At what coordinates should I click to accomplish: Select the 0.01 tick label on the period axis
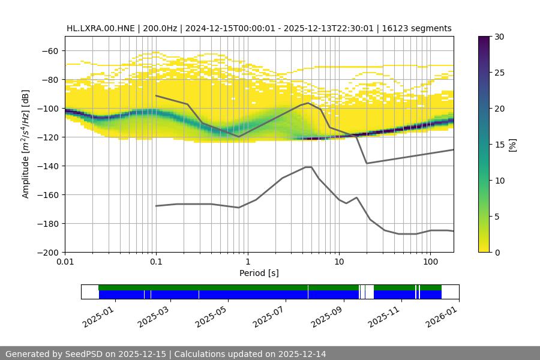pyautogui.click(x=65, y=262)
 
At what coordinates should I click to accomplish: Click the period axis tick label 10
pyautogui.click(x=338, y=262)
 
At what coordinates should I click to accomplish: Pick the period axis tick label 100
pyautogui.click(x=430, y=262)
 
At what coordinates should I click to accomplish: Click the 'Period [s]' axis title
pyautogui.click(x=259, y=273)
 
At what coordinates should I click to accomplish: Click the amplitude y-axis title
pyautogui.click(x=26, y=144)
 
